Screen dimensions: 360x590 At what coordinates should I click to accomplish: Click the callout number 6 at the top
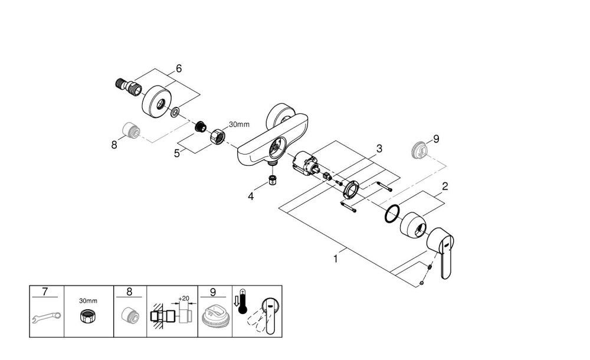178,68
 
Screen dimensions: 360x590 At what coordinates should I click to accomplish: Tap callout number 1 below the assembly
336,258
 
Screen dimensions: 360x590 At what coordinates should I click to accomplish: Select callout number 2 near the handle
445,186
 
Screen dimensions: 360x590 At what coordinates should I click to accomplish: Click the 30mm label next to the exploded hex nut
239,125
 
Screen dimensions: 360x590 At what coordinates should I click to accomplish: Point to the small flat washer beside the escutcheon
176,112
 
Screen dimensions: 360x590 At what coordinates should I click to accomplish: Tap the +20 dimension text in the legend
183,299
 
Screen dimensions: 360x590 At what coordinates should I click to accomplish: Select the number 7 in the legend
45,292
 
